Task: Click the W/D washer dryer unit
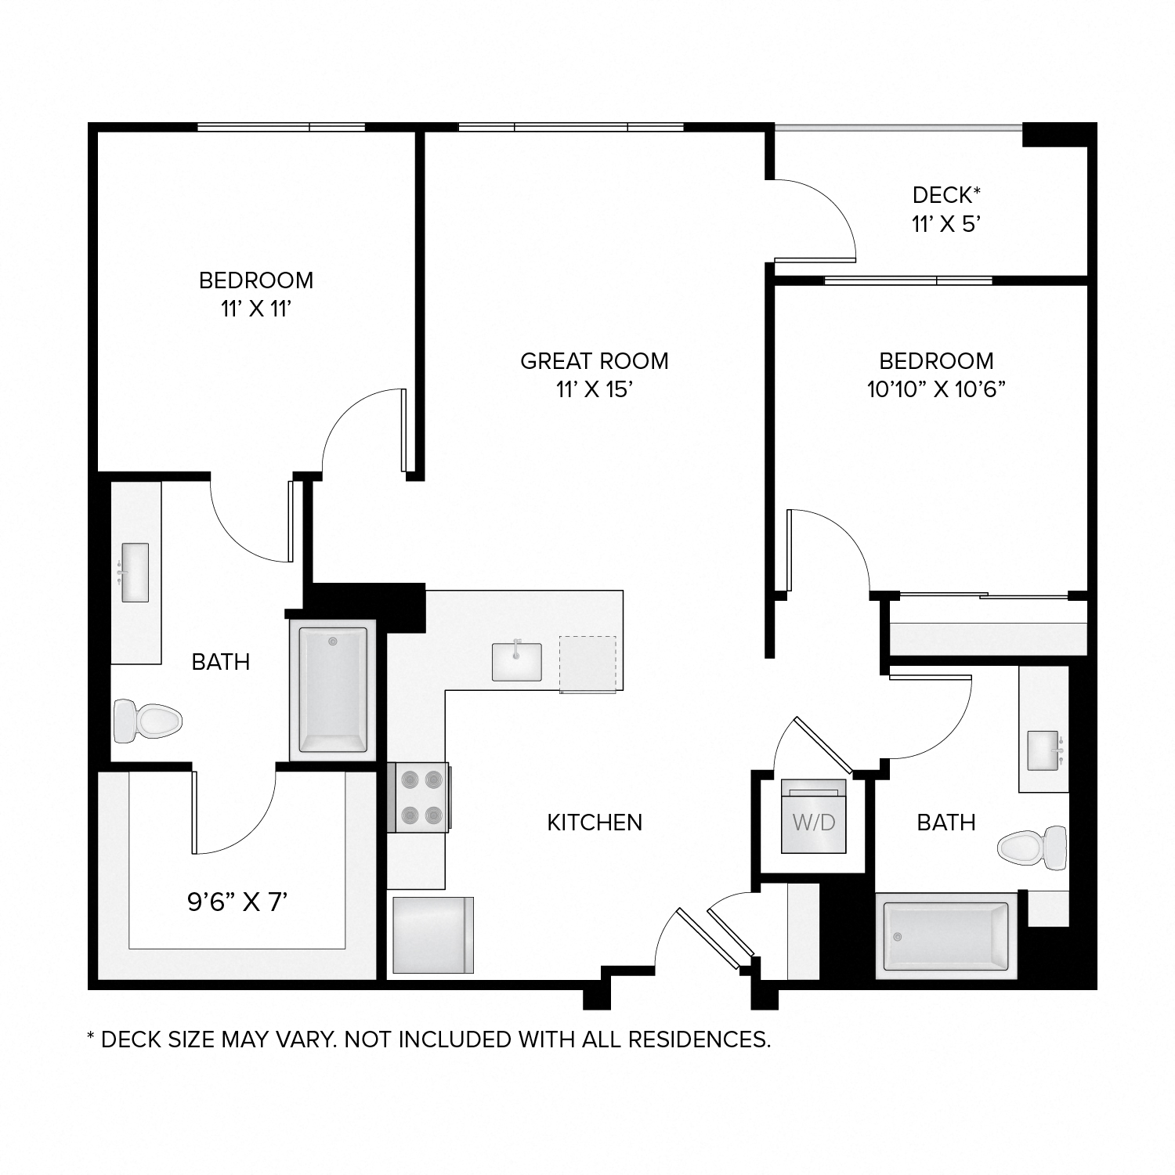(x=814, y=816)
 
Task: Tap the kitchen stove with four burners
(x=418, y=797)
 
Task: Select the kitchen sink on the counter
(x=516, y=662)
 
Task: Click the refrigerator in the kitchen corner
(x=432, y=935)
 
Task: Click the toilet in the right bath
(x=1032, y=847)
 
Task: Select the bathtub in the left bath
(x=333, y=689)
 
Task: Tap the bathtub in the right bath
(x=945, y=935)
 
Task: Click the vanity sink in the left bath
(x=135, y=572)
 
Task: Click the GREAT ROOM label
(x=595, y=361)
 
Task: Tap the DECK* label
(x=946, y=194)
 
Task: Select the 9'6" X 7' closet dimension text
(x=237, y=903)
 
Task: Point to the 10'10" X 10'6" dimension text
(x=936, y=389)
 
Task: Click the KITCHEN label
(x=595, y=822)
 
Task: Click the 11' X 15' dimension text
(x=595, y=389)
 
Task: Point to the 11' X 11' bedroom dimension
(x=256, y=309)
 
